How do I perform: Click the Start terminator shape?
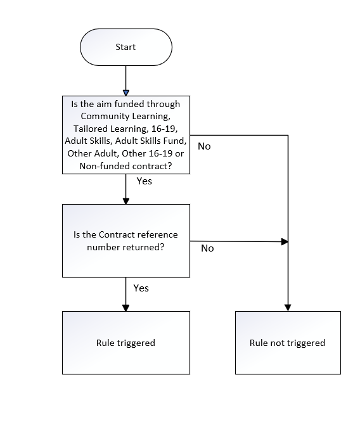126,48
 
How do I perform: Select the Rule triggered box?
126,343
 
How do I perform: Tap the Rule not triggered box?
288,343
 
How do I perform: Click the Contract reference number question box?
126,241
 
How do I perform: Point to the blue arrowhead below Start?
126,93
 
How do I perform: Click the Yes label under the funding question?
145,181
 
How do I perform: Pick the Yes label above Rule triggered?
141,288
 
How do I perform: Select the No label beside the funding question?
204,146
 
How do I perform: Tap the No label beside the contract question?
207,248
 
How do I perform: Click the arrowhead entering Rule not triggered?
288,308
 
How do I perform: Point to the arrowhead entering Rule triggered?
126,308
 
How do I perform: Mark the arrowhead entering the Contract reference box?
126,201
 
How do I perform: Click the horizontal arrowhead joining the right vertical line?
285,241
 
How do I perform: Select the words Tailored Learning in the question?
110,129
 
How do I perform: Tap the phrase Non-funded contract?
125,166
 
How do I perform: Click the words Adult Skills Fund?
150,141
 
